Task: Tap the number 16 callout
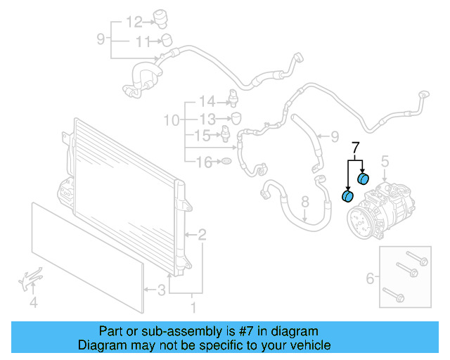tap(203, 163)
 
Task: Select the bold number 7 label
tap(355, 148)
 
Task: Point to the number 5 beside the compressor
tap(385, 163)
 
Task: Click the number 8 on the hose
tap(304, 204)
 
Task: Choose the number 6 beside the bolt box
tap(369, 280)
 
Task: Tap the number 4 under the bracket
tap(33, 304)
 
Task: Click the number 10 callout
tap(172, 120)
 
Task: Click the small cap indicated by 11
tap(167, 39)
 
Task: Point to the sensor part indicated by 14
tap(232, 99)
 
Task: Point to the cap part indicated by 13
tap(236, 117)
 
